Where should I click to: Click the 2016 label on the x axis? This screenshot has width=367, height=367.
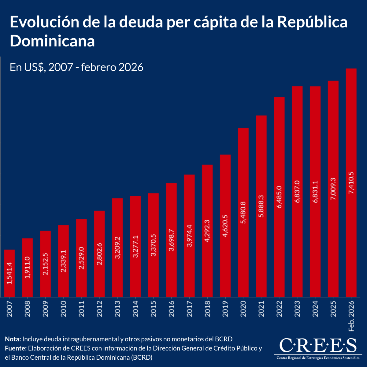[x=171, y=309]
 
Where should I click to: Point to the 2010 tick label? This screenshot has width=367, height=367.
[x=63, y=309]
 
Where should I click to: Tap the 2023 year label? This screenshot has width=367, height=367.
[x=297, y=309]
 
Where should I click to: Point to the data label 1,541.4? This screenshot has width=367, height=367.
[x=9, y=273]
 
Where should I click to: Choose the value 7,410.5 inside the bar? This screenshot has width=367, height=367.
[x=351, y=183]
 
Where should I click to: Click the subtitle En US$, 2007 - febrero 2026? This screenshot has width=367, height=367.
[x=76, y=67]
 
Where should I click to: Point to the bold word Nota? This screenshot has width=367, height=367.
[x=13, y=339]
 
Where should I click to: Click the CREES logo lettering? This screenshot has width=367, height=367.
[x=318, y=346]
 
